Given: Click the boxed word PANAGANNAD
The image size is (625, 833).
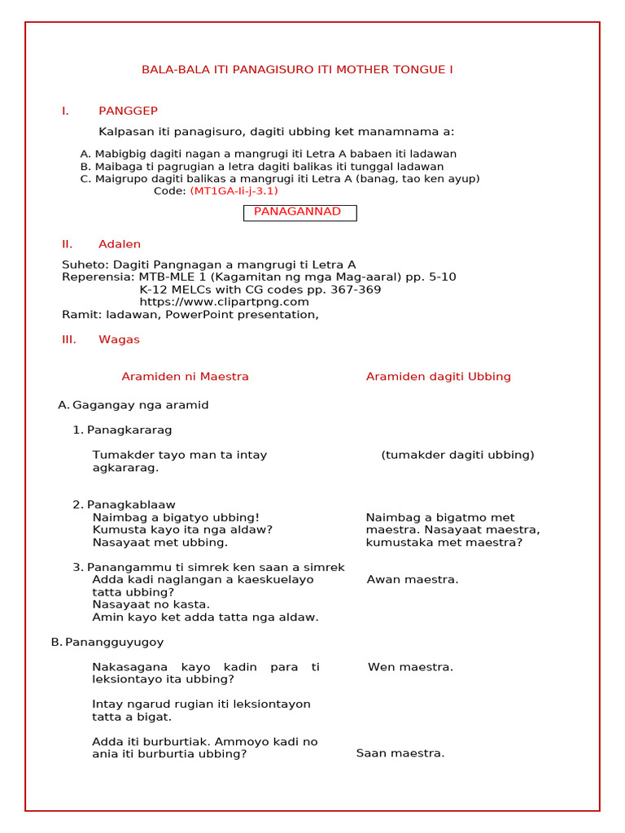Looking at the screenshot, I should pyautogui.click(x=298, y=212).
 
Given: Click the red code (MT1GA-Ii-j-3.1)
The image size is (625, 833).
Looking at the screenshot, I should pyautogui.click(x=234, y=191).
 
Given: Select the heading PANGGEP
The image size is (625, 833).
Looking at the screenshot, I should pyautogui.click(x=128, y=111).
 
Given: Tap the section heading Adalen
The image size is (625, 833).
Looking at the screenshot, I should pyautogui.click(x=120, y=244).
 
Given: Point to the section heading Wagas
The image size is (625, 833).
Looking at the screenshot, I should pyautogui.click(x=119, y=339).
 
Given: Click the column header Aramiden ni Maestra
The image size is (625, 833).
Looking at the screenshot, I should pyautogui.click(x=185, y=377).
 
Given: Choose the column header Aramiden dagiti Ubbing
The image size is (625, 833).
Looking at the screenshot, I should pyautogui.click(x=438, y=377).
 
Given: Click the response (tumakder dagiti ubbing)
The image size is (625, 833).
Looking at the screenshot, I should pyautogui.click(x=457, y=455).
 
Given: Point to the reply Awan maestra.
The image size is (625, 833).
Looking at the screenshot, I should pyautogui.click(x=413, y=580).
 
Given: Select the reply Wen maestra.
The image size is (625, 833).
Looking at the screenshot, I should pyautogui.click(x=410, y=667).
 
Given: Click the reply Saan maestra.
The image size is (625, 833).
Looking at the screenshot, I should pyautogui.click(x=400, y=753).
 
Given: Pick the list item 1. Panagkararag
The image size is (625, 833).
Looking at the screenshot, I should pyautogui.click(x=122, y=430).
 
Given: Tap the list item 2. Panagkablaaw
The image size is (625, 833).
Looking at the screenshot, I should pyautogui.click(x=124, y=504).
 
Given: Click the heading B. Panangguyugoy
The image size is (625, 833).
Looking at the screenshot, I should pyautogui.click(x=107, y=642).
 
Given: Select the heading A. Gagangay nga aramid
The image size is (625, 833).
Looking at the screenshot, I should pyautogui.click(x=133, y=404).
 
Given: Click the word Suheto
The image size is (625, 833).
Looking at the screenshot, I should pyautogui.click(x=85, y=264).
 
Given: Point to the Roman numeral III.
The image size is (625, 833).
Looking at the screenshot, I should pyautogui.click(x=68, y=339).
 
